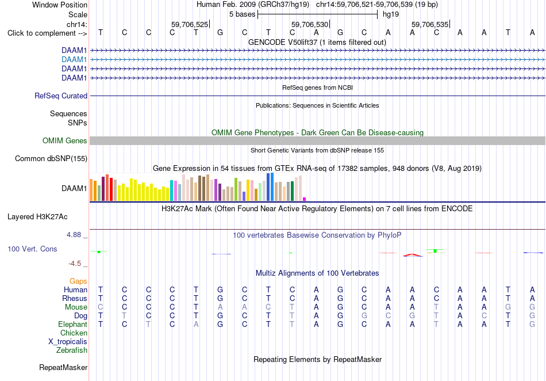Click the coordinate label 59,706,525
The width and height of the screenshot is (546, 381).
(x=190, y=24)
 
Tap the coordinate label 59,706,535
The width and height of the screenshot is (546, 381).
(x=430, y=24)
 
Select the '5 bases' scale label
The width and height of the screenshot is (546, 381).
(x=242, y=14)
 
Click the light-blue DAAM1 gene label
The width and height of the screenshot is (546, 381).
(x=74, y=60)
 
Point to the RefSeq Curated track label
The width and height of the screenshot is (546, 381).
(x=61, y=96)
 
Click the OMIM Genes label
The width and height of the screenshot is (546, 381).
(x=65, y=140)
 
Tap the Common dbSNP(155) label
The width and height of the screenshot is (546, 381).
(x=51, y=159)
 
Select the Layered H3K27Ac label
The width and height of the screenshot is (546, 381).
(x=37, y=217)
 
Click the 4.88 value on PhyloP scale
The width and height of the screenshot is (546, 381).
(x=74, y=235)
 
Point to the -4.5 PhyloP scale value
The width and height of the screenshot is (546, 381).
(x=75, y=264)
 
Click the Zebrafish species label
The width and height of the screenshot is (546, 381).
(x=72, y=350)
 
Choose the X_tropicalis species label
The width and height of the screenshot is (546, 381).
(x=68, y=342)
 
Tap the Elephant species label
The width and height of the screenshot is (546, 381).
(x=72, y=324)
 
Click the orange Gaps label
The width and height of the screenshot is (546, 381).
(x=78, y=281)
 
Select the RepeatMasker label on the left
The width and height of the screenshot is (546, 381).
(x=63, y=367)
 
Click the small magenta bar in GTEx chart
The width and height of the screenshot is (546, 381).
(x=305, y=199)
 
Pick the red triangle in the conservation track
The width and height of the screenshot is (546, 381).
(x=412, y=255)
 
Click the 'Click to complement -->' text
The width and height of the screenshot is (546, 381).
(x=47, y=33)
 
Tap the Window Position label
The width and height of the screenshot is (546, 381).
(x=60, y=5)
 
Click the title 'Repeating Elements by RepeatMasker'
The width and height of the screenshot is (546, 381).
(x=318, y=359)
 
